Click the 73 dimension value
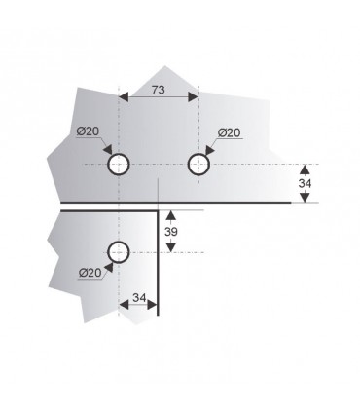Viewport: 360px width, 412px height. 159,90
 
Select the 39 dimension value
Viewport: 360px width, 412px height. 171,232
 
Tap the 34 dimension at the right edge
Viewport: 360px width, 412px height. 305,183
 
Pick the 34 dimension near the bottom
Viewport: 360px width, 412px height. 139,297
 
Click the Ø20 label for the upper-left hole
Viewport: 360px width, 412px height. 88,131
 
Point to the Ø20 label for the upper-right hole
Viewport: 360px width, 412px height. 230,132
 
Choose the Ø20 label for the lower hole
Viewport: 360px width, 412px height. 90,273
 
